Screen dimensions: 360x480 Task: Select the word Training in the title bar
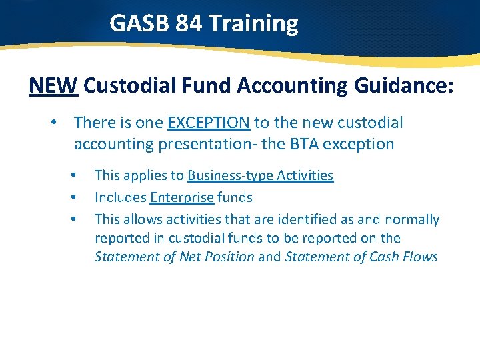[x=253, y=24]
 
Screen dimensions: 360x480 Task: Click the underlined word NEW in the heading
[x=54, y=85]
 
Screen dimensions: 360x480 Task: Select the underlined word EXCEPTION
[x=209, y=123]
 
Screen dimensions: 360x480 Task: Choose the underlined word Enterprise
[x=182, y=197]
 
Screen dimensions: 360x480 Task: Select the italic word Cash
[x=375, y=257]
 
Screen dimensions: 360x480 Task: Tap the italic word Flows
[x=419, y=257]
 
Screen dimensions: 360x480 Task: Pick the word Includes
[x=121, y=197]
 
